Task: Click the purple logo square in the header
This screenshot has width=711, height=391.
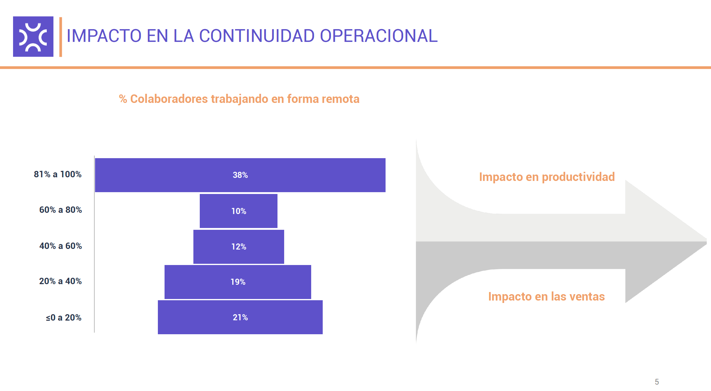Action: [33, 36]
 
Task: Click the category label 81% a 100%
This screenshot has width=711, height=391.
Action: [57, 174]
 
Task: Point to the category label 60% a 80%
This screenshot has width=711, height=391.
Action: [60, 210]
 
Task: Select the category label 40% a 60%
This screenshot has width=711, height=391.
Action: [60, 246]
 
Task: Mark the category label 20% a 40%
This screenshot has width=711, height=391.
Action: [60, 281]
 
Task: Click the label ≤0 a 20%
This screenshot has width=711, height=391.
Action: [63, 318]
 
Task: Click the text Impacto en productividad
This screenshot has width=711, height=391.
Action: [547, 177]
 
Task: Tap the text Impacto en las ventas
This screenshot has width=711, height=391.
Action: [546, 296]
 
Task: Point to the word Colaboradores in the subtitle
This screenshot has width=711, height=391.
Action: [169, 99]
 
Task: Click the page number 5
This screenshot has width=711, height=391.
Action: [657, 382]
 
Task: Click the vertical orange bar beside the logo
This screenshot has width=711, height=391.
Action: [61, 37]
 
